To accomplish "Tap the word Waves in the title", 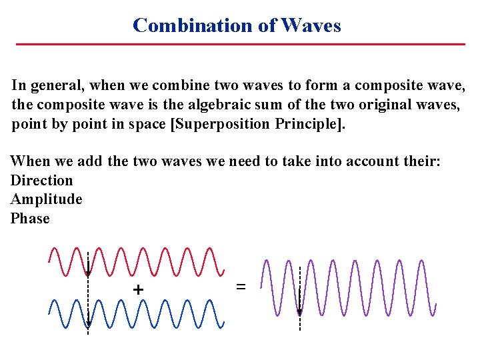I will [311, 25].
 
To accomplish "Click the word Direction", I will [41, 180].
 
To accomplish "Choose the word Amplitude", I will [47, 199].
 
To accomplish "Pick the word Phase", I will [30, 219].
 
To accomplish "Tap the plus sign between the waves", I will [138, 290].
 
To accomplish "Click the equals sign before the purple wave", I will [241, 287].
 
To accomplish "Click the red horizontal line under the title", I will [240, 44].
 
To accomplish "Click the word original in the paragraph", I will [375, 105].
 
